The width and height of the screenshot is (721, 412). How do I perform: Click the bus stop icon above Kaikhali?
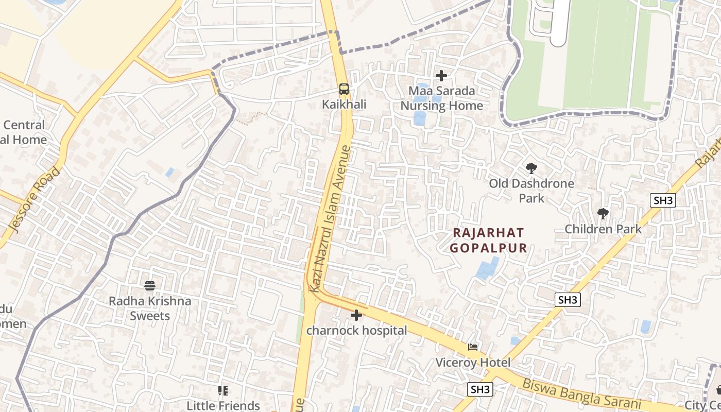coord(344,89)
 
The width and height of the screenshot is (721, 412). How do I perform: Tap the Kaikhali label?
coord(344,105)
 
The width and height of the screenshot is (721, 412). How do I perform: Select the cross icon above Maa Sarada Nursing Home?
coord(441,76)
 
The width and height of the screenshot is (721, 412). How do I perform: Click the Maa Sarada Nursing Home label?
coord(442,98)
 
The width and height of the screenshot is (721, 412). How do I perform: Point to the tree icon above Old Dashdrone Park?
coord(531,168)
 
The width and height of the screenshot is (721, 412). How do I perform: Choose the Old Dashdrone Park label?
coord(531,191)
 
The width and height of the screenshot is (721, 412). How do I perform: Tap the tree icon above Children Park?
coord(603,213)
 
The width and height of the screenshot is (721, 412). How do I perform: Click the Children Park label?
coord(603,229)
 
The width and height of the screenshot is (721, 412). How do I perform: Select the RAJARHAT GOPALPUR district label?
coord(489,241)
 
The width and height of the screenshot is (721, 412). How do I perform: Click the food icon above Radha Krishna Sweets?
coord(150,285)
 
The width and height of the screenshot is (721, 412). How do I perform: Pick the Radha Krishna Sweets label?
coord(150,308)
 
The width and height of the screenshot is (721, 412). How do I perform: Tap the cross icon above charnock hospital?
coord(356,315)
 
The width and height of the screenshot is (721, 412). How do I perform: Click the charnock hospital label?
coord(356,331)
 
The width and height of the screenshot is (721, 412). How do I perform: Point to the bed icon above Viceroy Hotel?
coord(473,347)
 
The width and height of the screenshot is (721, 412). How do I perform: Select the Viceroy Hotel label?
coord(473,363)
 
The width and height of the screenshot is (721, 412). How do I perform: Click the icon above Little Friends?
coord(222,391)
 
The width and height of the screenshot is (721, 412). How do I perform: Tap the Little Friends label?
coord(223,406)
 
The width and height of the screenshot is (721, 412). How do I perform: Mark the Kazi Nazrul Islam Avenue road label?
coord(330,219)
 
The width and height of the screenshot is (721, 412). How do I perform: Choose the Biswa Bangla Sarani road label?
coord(581,393)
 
